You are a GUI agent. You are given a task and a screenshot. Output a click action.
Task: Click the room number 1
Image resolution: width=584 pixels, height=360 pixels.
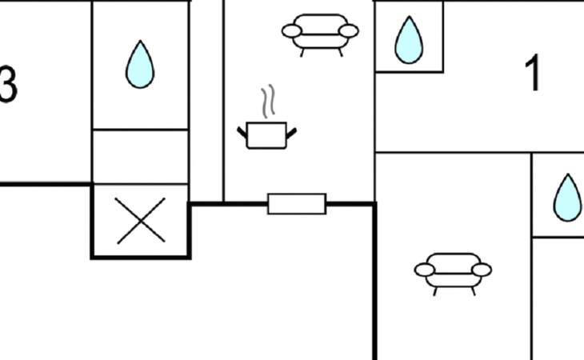click(532, 74)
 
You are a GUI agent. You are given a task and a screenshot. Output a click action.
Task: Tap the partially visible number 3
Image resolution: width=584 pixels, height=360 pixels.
click(8, 83)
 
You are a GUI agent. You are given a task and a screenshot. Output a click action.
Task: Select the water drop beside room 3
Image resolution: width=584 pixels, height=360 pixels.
click(139, 65)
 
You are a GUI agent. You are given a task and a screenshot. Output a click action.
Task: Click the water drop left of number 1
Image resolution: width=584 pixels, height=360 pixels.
click(409, 40)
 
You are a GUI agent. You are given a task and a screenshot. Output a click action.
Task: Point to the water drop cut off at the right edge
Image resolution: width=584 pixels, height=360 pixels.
click(568, 198)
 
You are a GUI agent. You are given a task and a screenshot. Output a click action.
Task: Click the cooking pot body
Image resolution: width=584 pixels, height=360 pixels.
click(266, 135)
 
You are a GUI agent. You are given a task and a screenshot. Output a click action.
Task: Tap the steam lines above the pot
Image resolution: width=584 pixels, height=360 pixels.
click(269, 102)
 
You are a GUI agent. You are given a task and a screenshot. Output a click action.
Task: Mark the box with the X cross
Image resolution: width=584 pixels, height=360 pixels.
click(141, 222)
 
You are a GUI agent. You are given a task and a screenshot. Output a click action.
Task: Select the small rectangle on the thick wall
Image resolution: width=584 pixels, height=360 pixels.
click(297, 204)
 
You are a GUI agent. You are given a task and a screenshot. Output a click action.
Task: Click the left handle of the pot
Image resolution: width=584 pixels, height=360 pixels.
click(243, 130)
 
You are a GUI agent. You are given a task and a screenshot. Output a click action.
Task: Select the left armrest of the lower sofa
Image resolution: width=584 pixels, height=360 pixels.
click(425, 270)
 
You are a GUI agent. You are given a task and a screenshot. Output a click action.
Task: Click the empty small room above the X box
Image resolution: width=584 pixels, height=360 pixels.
click(141, 157)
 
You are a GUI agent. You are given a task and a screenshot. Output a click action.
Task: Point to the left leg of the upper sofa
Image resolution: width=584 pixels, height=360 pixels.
click(302, 51)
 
